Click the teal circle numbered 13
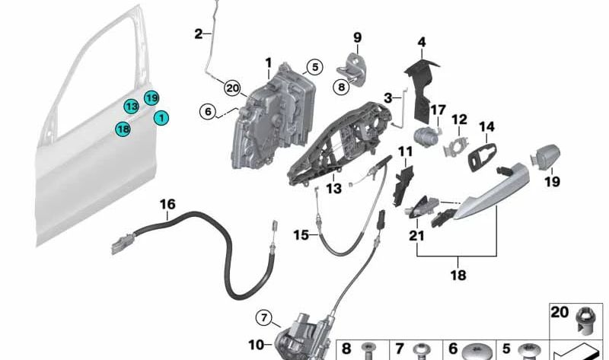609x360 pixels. [132, 107]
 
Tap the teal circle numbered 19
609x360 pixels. [151, 98]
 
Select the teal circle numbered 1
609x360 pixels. [161, 118]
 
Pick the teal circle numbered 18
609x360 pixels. [123, 129]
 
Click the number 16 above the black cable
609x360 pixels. [167, 204]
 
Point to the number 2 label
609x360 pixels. [198, 34]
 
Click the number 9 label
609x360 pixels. [357, 37]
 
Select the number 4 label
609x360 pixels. [422, 42]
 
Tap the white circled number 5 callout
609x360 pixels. [314, 67]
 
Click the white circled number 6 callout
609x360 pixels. [208, 112]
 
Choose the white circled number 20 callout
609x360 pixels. [232, 88]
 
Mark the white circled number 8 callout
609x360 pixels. [341, 87]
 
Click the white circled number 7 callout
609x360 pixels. [264, 318]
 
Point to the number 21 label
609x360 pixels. [416, 235]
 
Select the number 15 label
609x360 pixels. [301, 235]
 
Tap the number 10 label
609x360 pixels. [256, 345]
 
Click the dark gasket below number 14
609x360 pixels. [483, 157]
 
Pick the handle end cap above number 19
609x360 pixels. [545, 156]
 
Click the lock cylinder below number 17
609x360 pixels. [426, 136]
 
